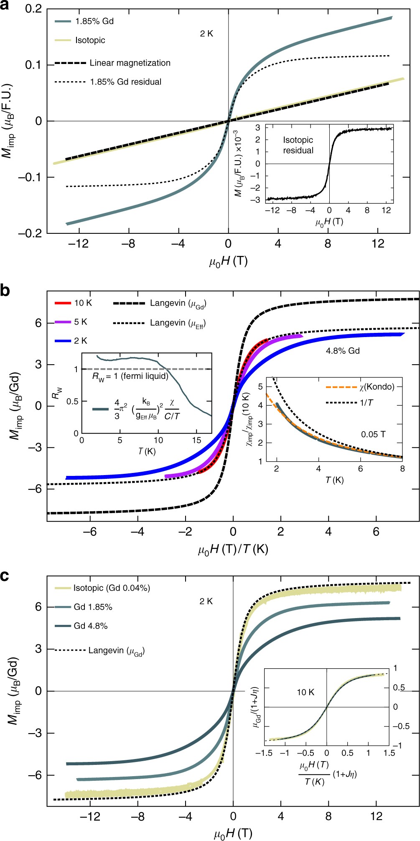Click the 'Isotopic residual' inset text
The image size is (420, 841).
(298, 145)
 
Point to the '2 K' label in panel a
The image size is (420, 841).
(206, 34)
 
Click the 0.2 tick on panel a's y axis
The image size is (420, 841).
(33, 8)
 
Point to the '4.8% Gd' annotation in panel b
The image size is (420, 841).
(343, 351)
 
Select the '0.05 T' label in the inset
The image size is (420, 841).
(373, 435)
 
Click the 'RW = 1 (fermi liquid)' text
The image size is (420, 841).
(130, 376)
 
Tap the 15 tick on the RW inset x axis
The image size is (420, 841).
(196, 440)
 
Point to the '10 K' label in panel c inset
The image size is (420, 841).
(305, 692)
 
